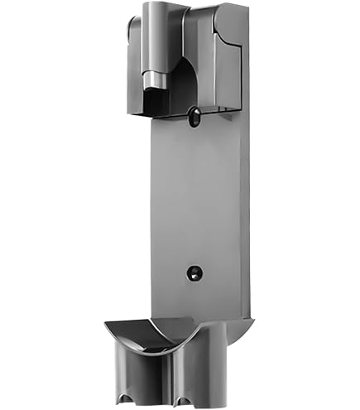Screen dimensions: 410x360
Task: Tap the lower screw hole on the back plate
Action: (192, 272)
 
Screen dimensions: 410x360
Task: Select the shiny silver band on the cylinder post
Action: (154, 81)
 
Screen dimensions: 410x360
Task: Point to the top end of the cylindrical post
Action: (154, 7)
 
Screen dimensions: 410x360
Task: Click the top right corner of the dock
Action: (246, 7)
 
